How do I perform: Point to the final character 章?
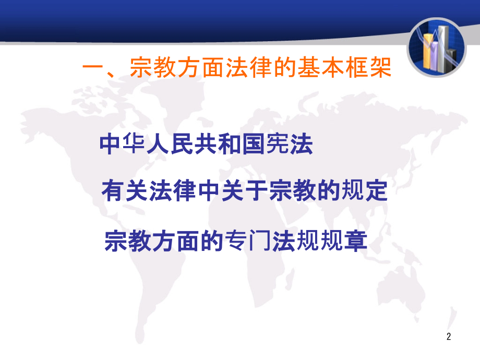click(357, 241)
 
